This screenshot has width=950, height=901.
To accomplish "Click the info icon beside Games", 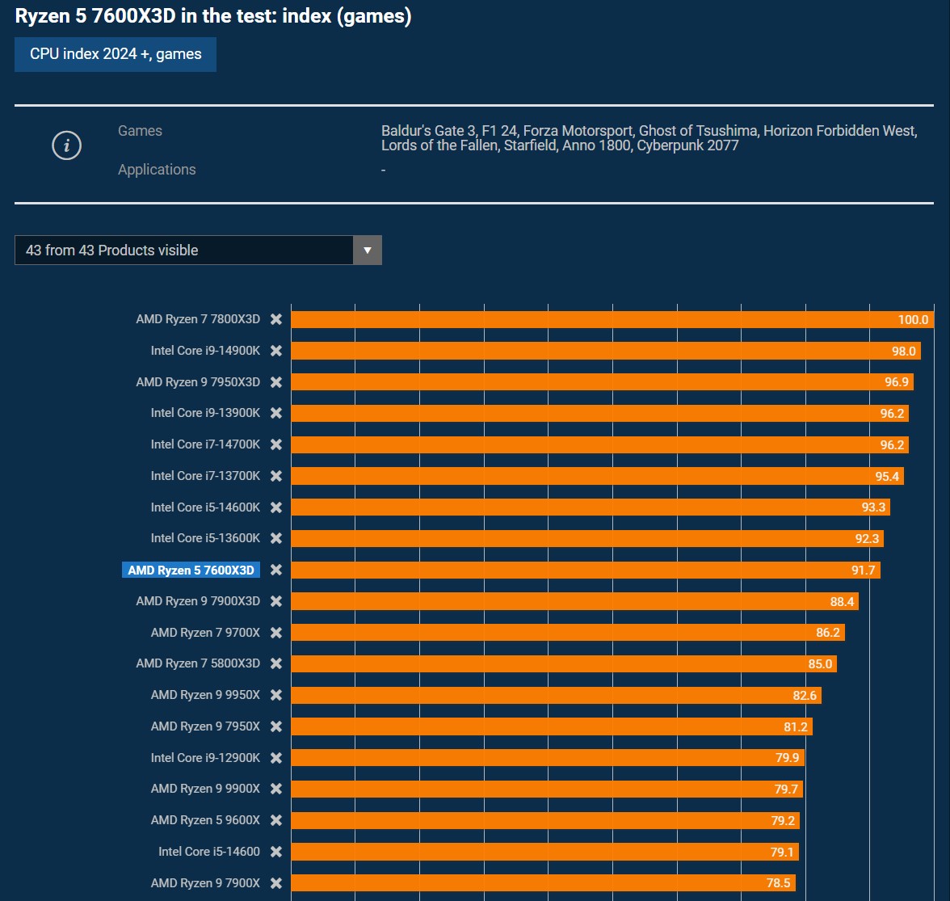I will click(66, 145).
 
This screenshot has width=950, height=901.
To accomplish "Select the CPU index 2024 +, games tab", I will click(116, 54).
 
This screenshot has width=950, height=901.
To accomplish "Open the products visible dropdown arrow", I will click(368, 251).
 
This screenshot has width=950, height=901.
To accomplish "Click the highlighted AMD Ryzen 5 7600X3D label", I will click(191, 570).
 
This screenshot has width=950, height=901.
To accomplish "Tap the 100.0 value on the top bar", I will click(913, 320).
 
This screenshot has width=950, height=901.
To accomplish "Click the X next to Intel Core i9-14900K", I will click(276, 351).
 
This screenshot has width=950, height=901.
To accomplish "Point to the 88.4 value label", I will click(842, 602).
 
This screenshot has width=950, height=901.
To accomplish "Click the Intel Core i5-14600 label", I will click(209, 852).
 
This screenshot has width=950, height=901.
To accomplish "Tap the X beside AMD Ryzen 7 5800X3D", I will click(276, 663).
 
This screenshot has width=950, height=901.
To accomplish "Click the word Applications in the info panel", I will click(157, 170).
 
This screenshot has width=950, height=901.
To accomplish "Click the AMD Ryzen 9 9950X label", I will click(205, 695).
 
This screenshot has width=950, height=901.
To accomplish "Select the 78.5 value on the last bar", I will click(778, 883).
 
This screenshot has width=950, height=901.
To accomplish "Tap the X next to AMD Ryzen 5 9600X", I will click(276, 820).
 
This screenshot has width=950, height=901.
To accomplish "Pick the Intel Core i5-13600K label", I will click(205, 538).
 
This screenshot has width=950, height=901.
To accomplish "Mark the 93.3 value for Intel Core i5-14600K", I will click(873, 507).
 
